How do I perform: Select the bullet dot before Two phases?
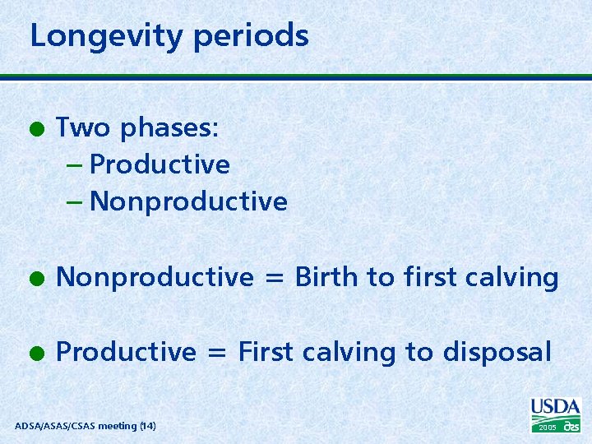[x=36, y=129]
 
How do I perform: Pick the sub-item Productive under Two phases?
[x=160, y=164]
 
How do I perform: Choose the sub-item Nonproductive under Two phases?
[x=188, y=201]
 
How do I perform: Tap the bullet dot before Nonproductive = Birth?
[x=36, y=279]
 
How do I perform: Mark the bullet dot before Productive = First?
[x=36, y=353]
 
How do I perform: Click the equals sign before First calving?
[x=217, y=353]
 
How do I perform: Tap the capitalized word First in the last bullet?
[x=266, y=352]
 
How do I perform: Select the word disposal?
[x=497, y=352]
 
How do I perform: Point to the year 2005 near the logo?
[x=547, y=428]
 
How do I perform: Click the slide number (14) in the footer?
[x=147, y=426]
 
